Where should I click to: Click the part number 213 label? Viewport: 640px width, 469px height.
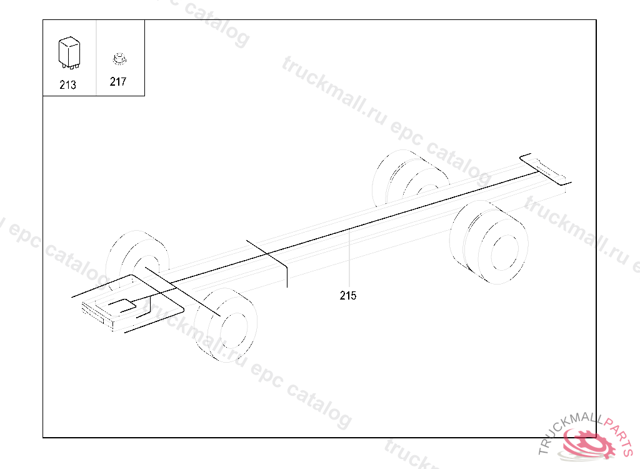[67, 85]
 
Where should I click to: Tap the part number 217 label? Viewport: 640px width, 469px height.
[117, 82]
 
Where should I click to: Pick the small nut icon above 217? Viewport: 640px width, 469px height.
[117, 59]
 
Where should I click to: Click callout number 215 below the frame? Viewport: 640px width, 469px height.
[348, 296]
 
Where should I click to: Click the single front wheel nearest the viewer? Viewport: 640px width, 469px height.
[226, 325]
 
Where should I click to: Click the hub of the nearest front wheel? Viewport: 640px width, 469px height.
[232, 328]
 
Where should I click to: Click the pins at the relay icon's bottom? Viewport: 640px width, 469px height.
[68, 64]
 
